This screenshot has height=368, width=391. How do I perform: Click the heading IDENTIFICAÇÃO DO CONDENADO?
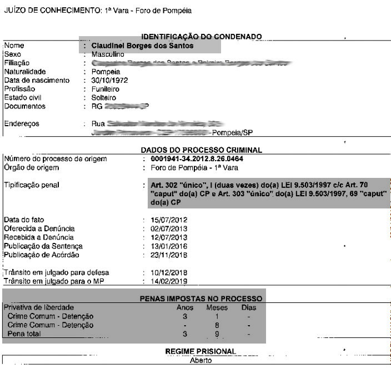click(202, 37)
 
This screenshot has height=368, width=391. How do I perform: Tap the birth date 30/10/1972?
click(109, 80)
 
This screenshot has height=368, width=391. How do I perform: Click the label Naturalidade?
click(25, 72)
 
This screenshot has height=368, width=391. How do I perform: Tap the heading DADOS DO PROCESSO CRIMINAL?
click(201, 150)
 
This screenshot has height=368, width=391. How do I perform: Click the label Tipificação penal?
click(31, 185)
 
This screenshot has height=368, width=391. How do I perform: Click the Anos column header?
click(185, 307)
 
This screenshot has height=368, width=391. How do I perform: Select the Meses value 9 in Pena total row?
click(217, 334)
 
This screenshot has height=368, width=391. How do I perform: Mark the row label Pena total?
click(24, 334)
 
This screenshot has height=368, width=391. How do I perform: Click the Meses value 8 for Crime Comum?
click(217, 325)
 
